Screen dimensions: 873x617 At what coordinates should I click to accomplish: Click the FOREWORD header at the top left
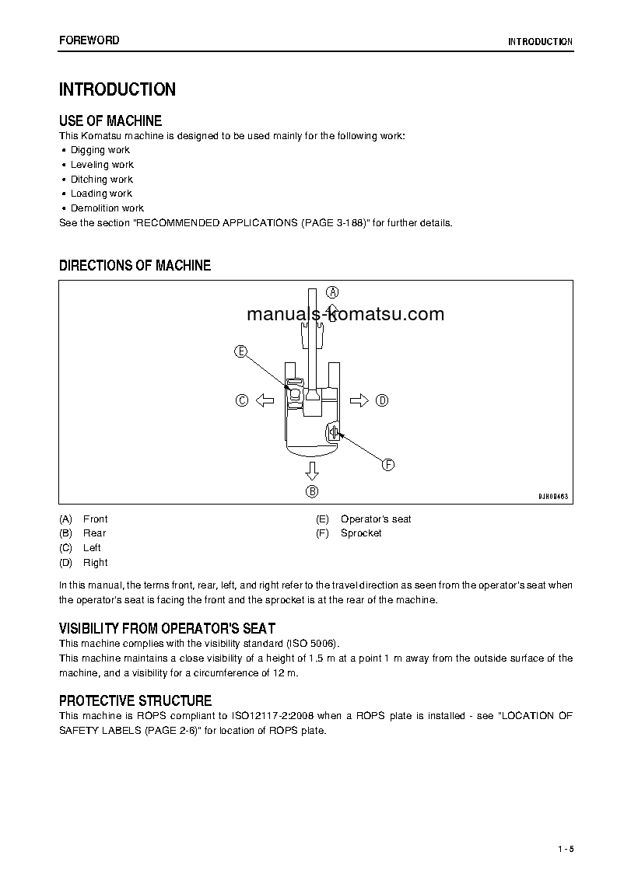pyautogui.click(x=89, y=40)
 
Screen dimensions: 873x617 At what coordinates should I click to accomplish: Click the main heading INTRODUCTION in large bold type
pyautogui.click(x=117, y=89)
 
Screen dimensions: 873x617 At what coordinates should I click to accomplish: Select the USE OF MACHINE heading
pyautogui.click(x=110, y=120)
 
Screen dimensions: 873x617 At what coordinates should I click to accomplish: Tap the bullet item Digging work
pyautogui.click(x=100, y=150)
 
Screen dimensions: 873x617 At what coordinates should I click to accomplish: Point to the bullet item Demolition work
pyautogui.click(x=107, y=208)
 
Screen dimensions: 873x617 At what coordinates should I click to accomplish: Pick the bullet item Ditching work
pyautogui.click(x=102, y=180)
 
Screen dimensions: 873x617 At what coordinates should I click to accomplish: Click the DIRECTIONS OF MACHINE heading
pyautogui.click(x=135, y=266)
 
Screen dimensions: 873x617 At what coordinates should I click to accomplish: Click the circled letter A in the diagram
pyautogui.click(x=332, y=292)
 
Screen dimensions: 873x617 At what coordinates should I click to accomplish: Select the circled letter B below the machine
pyautogui.click(x=312, y=491)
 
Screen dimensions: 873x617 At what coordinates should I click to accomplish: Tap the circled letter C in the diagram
pyautogui.click(x=241, y=400)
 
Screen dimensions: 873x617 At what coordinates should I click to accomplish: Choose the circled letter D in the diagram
pyautogui.click(x=382, y=400)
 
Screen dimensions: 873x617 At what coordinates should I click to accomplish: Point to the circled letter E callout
pyautogui.click(x=241, y=351)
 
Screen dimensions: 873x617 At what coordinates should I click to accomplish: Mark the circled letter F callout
pyautogui.click(x=387, y=465)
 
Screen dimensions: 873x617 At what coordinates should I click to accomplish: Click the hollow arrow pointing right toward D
pyautogui.click(x=359, y=400)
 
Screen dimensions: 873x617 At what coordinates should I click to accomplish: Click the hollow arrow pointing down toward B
pyautogui.click(x=312, y=470)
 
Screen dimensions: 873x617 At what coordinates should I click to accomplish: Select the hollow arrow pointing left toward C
pyautogui.click(x=265, y=400)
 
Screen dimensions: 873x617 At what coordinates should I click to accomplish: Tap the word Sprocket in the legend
pyautogui.click(x=361, y=533)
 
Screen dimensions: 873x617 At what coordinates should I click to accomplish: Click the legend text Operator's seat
pyautogui.click(x=376, y=519)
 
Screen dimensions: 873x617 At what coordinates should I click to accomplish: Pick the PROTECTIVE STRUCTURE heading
pyautogui.click(x=135, y=700)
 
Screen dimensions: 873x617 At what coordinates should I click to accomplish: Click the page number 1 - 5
pyautogui.click(x=565, y=848)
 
